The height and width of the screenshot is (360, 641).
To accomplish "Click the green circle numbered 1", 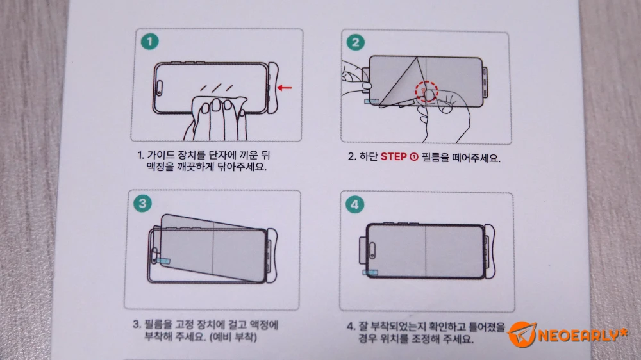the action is [x=149, y=41].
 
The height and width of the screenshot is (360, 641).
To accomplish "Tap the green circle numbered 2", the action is [x=355, y=42].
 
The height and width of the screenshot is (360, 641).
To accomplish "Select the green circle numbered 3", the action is [x=142, y=203].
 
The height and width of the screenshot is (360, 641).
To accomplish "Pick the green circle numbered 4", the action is [x=354, y=204].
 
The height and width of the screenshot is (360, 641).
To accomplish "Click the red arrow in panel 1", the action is [x=285, y=88].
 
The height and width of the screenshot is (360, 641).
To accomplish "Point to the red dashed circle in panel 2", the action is [x=426, y=91].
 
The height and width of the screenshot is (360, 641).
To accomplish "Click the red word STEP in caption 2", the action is [x=394, y=157].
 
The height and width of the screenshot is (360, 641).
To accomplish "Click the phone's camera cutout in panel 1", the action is [x=159, y=88].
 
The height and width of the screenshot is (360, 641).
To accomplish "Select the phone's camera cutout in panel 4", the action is [x=372, y=250].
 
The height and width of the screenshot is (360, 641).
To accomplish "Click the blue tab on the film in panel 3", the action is [x=164, y=260].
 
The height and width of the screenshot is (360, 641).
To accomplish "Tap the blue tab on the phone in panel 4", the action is [x=370, y=272].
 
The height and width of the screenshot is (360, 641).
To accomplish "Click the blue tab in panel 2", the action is [x=372, y=101].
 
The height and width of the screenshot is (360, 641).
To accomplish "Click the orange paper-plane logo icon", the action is [x=522, y=334].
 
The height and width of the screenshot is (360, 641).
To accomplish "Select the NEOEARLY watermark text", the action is [x=582, y=335].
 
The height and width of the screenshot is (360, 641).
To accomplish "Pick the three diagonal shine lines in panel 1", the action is [x=216, y=88].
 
